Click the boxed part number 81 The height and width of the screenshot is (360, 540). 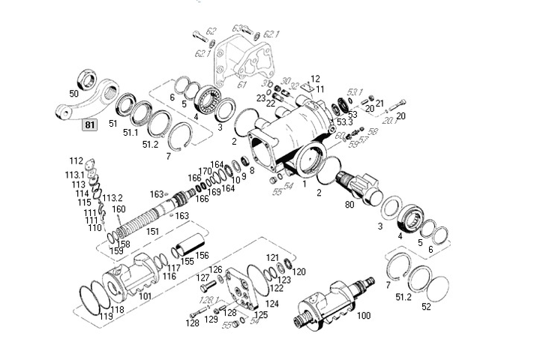pos(90,125)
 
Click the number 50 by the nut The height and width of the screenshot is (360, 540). pos(73,94)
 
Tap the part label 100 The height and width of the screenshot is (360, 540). pos(363,316)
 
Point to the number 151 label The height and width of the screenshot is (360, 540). pos(153,232)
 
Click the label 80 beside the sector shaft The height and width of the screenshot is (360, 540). pos(349,203)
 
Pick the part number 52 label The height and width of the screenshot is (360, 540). pos(427,307)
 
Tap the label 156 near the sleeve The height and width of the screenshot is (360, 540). pos(202,256)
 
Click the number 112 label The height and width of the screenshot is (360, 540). pos(76,160)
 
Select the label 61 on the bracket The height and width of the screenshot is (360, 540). pos(220,85)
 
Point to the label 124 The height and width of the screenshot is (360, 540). pos(271,304)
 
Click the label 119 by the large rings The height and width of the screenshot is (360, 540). pos(106,316)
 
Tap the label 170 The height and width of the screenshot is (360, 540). pos(205,172)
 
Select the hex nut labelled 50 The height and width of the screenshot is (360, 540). pos(88,80)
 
